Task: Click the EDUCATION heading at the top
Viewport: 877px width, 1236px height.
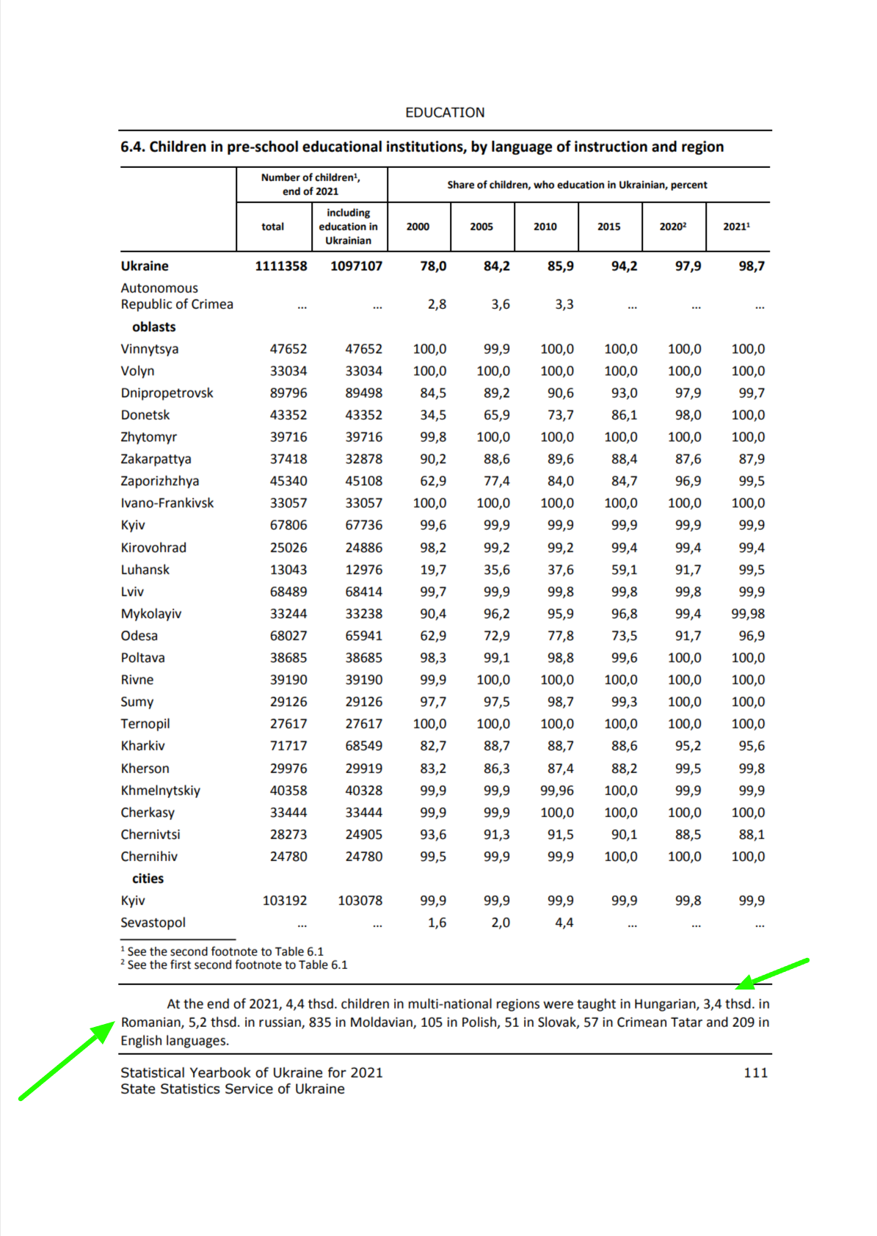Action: [x=445, y=112]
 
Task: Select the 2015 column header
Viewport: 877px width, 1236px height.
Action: [x=608, y=227]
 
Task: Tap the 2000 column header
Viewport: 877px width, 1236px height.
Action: [x=418, y=227]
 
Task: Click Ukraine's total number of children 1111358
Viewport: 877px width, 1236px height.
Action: [x=280, y=266]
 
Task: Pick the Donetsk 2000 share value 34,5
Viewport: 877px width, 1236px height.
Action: [x=433, y=415]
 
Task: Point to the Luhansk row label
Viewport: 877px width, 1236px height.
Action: [x=145, y=570]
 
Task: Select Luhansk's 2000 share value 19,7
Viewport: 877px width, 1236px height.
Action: [x=433, y=570]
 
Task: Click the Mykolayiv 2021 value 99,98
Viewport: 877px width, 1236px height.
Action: [x=747, y=614]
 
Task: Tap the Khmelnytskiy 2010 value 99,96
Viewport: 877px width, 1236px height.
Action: [x=557, y=791]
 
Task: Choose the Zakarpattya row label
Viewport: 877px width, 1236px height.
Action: [x=156, y=459]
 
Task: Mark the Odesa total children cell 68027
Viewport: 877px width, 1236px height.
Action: [x=288, y=636]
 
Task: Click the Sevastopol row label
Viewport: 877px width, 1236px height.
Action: [x=153, y=923]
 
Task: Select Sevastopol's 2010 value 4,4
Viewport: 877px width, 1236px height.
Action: [x=564, y=923]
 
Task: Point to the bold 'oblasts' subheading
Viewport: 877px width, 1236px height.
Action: [x=153, y=327]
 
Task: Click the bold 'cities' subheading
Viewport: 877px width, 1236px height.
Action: [x=148, y=879]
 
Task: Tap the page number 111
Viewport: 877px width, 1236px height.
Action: [x=755, y=1072]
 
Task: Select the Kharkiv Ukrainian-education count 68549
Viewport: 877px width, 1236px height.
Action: [x=363, y=746]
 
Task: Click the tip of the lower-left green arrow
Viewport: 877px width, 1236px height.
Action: [x=114, y=1022]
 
